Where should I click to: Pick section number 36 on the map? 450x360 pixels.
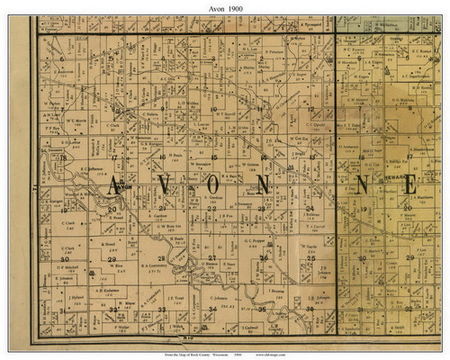pyautogui.click(x=311, y=310)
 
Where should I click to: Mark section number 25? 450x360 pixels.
pyautogui.click(x=310, y=259)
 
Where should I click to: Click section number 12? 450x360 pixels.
pyautogui.click(x=310, y=110)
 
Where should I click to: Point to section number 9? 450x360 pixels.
pyautogui.click(x=163, y=110)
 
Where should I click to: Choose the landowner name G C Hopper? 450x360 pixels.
pyautogui.click(x=257, y=240)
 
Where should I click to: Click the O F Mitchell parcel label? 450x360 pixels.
pyautogui.click(x=67, y=266)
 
